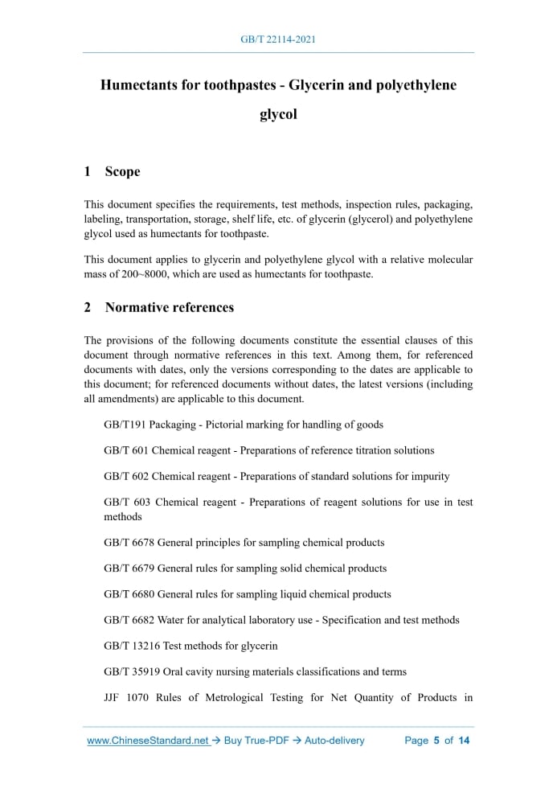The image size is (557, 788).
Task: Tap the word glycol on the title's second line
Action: pos(278,114)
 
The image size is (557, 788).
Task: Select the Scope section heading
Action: pos(122,171)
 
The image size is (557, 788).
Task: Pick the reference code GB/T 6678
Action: pos(129,543)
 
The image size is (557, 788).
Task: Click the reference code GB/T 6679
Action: pos(129,568)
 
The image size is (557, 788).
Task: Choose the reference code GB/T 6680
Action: pos(129,594)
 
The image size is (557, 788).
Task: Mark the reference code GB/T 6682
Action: pos(129,620)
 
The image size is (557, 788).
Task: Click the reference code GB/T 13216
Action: pos(133,646)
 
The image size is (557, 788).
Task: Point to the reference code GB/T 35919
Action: pos(133,671)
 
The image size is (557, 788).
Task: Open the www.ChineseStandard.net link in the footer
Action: pos(148,741)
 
